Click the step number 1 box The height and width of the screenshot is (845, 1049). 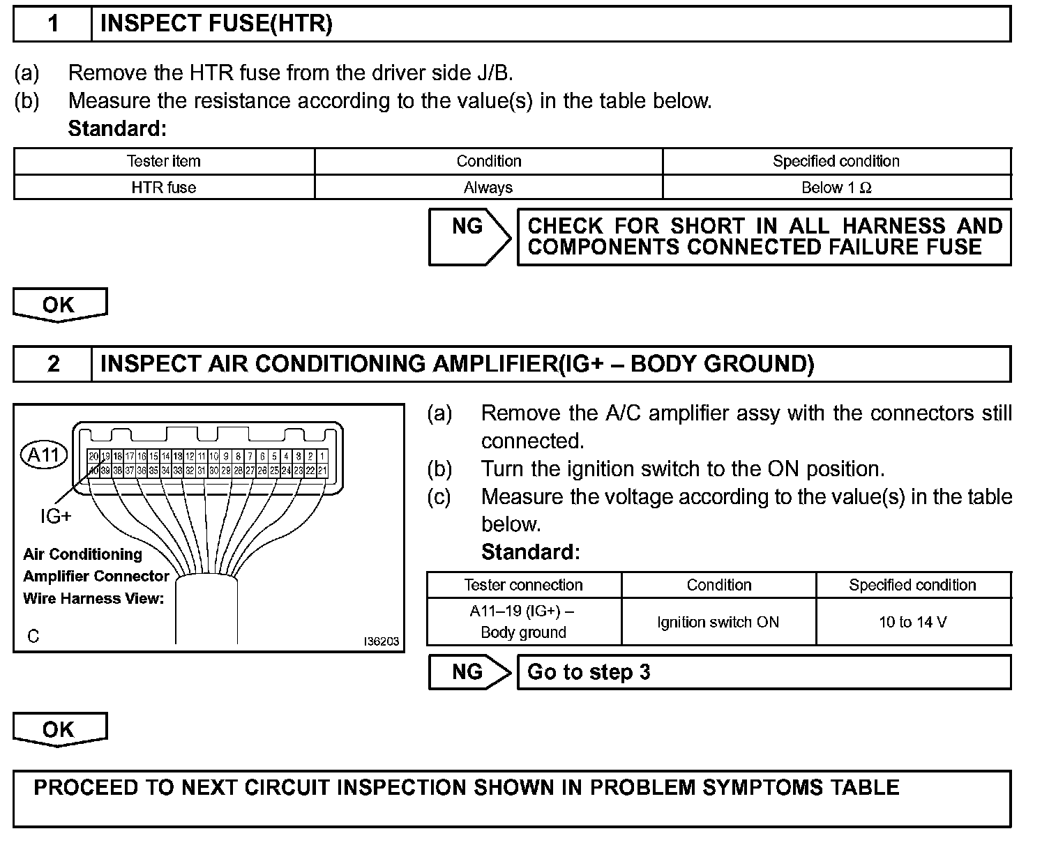pyautogui.click(x=53, y=24)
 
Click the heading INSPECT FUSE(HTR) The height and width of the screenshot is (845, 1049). pyautogui.click(x=216, y=24)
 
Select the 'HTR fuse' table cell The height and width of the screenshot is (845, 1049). pyautogui.click(x=164, y=188)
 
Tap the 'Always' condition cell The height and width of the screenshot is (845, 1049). pyautogui.click(x=488, y=188)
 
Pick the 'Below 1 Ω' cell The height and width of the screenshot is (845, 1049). pyautogui.click(x=836, y=188)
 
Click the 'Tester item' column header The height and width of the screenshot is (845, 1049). pyautogui.click(x=164, y=161)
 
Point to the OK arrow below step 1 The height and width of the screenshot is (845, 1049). pyautogui.click(x=59, y=305)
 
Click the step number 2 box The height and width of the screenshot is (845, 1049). pyautogui.click(x=53, y=364)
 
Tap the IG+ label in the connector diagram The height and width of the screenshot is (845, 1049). pyautogui.click(x=56, y=517)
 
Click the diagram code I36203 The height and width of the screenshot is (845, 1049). pyautogui.click(x=382, y=641)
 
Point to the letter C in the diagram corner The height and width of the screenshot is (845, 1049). pyautogui.click(x=33, y=636)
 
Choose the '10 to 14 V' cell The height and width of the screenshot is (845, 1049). pyautogui.click(x=913, y=622)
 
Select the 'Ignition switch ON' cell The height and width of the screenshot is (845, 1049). pyautogui.click(x=718, y=622)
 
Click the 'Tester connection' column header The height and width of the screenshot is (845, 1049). pyautogui.click(x=523, y=585)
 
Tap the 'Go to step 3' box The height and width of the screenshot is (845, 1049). pyautogui.click(x=764, y=672)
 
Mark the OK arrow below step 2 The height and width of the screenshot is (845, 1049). pyautogui.click(x=59, y=729)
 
